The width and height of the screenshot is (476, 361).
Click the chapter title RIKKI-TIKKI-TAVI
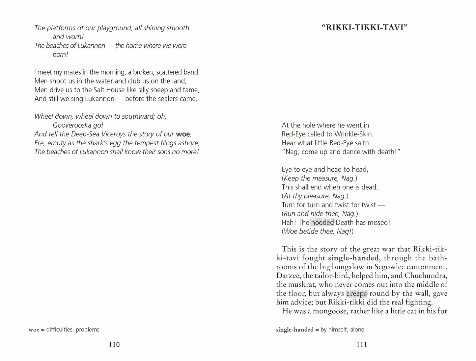click(x=364, y=28)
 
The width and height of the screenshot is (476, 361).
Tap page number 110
click(x=114, y=344)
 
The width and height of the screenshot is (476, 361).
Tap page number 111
click(x=361, y=344)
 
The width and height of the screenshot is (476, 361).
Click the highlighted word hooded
click(x=322, y=223)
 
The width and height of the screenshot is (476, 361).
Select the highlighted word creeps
click(x=356, y=293)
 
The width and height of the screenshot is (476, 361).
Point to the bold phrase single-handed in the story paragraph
click(x=353, y=258)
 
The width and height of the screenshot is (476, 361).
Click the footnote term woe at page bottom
click(x=34, y=329)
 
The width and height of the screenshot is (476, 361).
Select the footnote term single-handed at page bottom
click(x=294, y=329)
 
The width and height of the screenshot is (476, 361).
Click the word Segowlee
click(x=394, y=267)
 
